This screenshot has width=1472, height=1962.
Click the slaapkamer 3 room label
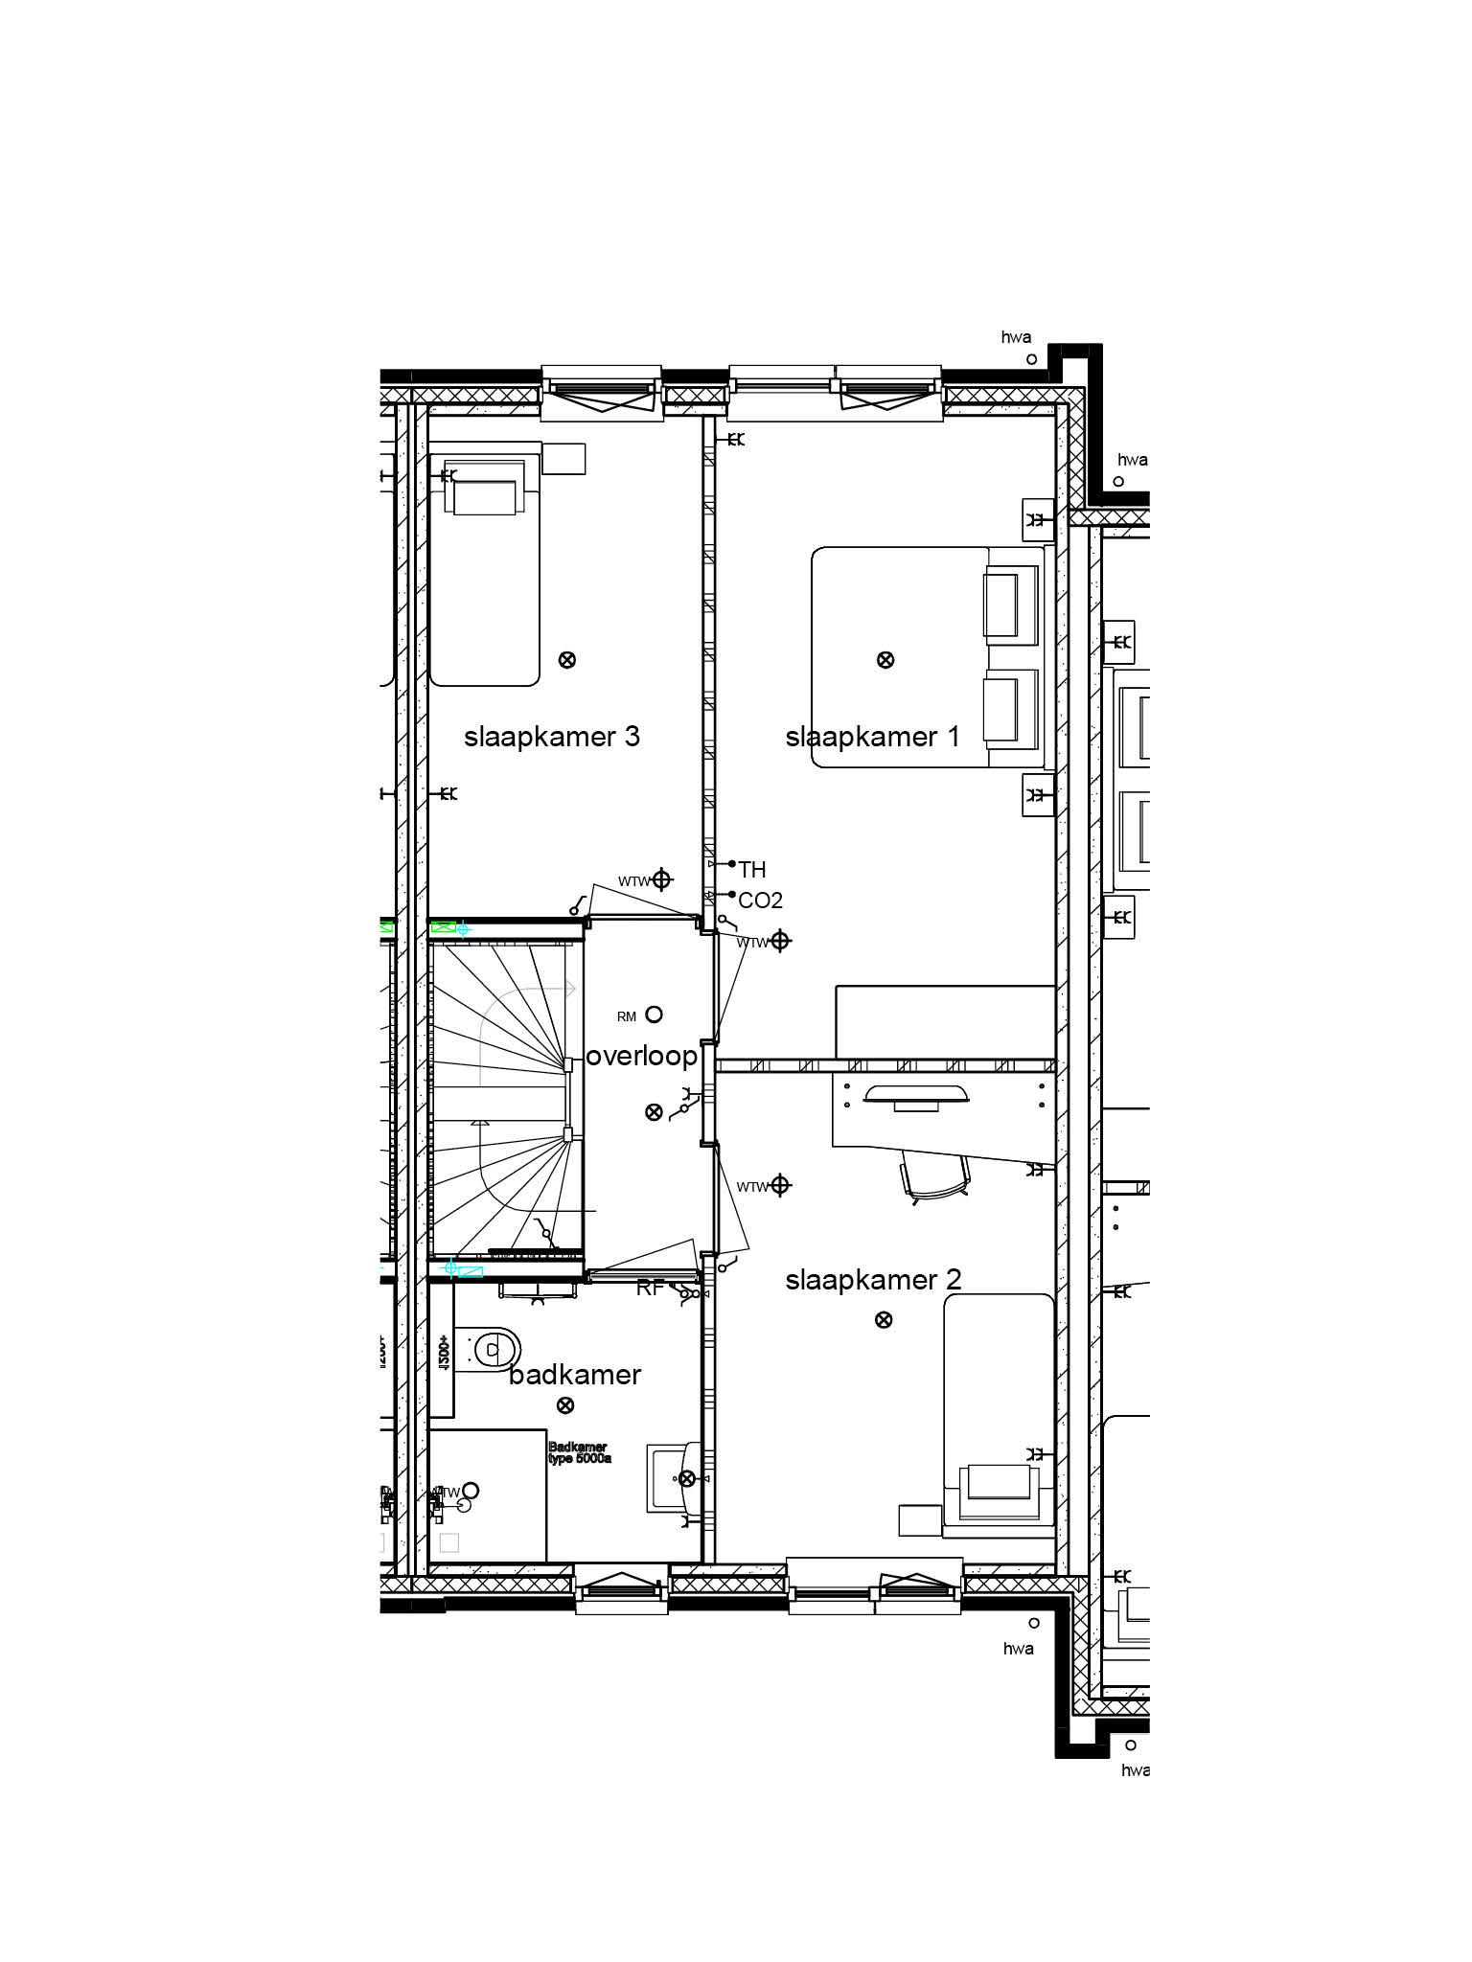point(551,737)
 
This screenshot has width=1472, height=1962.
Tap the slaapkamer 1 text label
point(872,737)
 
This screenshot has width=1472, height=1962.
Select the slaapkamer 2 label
point(873,1280)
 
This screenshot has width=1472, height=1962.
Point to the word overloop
point(641,1056)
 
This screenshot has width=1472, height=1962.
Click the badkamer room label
point(575,1375)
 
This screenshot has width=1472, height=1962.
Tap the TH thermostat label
point(752,870)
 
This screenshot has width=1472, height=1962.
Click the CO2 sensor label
point(760,901)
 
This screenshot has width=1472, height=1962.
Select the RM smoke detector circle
point(655,1014)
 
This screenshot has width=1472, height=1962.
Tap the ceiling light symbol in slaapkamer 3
point(567,659)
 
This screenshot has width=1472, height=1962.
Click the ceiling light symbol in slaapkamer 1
point(885,659)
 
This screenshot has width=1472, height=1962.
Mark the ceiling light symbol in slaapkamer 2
point(884,1319)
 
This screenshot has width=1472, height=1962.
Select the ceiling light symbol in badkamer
point(565,1405)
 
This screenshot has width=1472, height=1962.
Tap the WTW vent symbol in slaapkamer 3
point(661,879)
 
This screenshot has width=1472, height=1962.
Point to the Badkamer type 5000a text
point(579,1453)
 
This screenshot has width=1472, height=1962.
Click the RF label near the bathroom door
point(650,1289)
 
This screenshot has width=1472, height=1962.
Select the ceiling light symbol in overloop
point(654,1111)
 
